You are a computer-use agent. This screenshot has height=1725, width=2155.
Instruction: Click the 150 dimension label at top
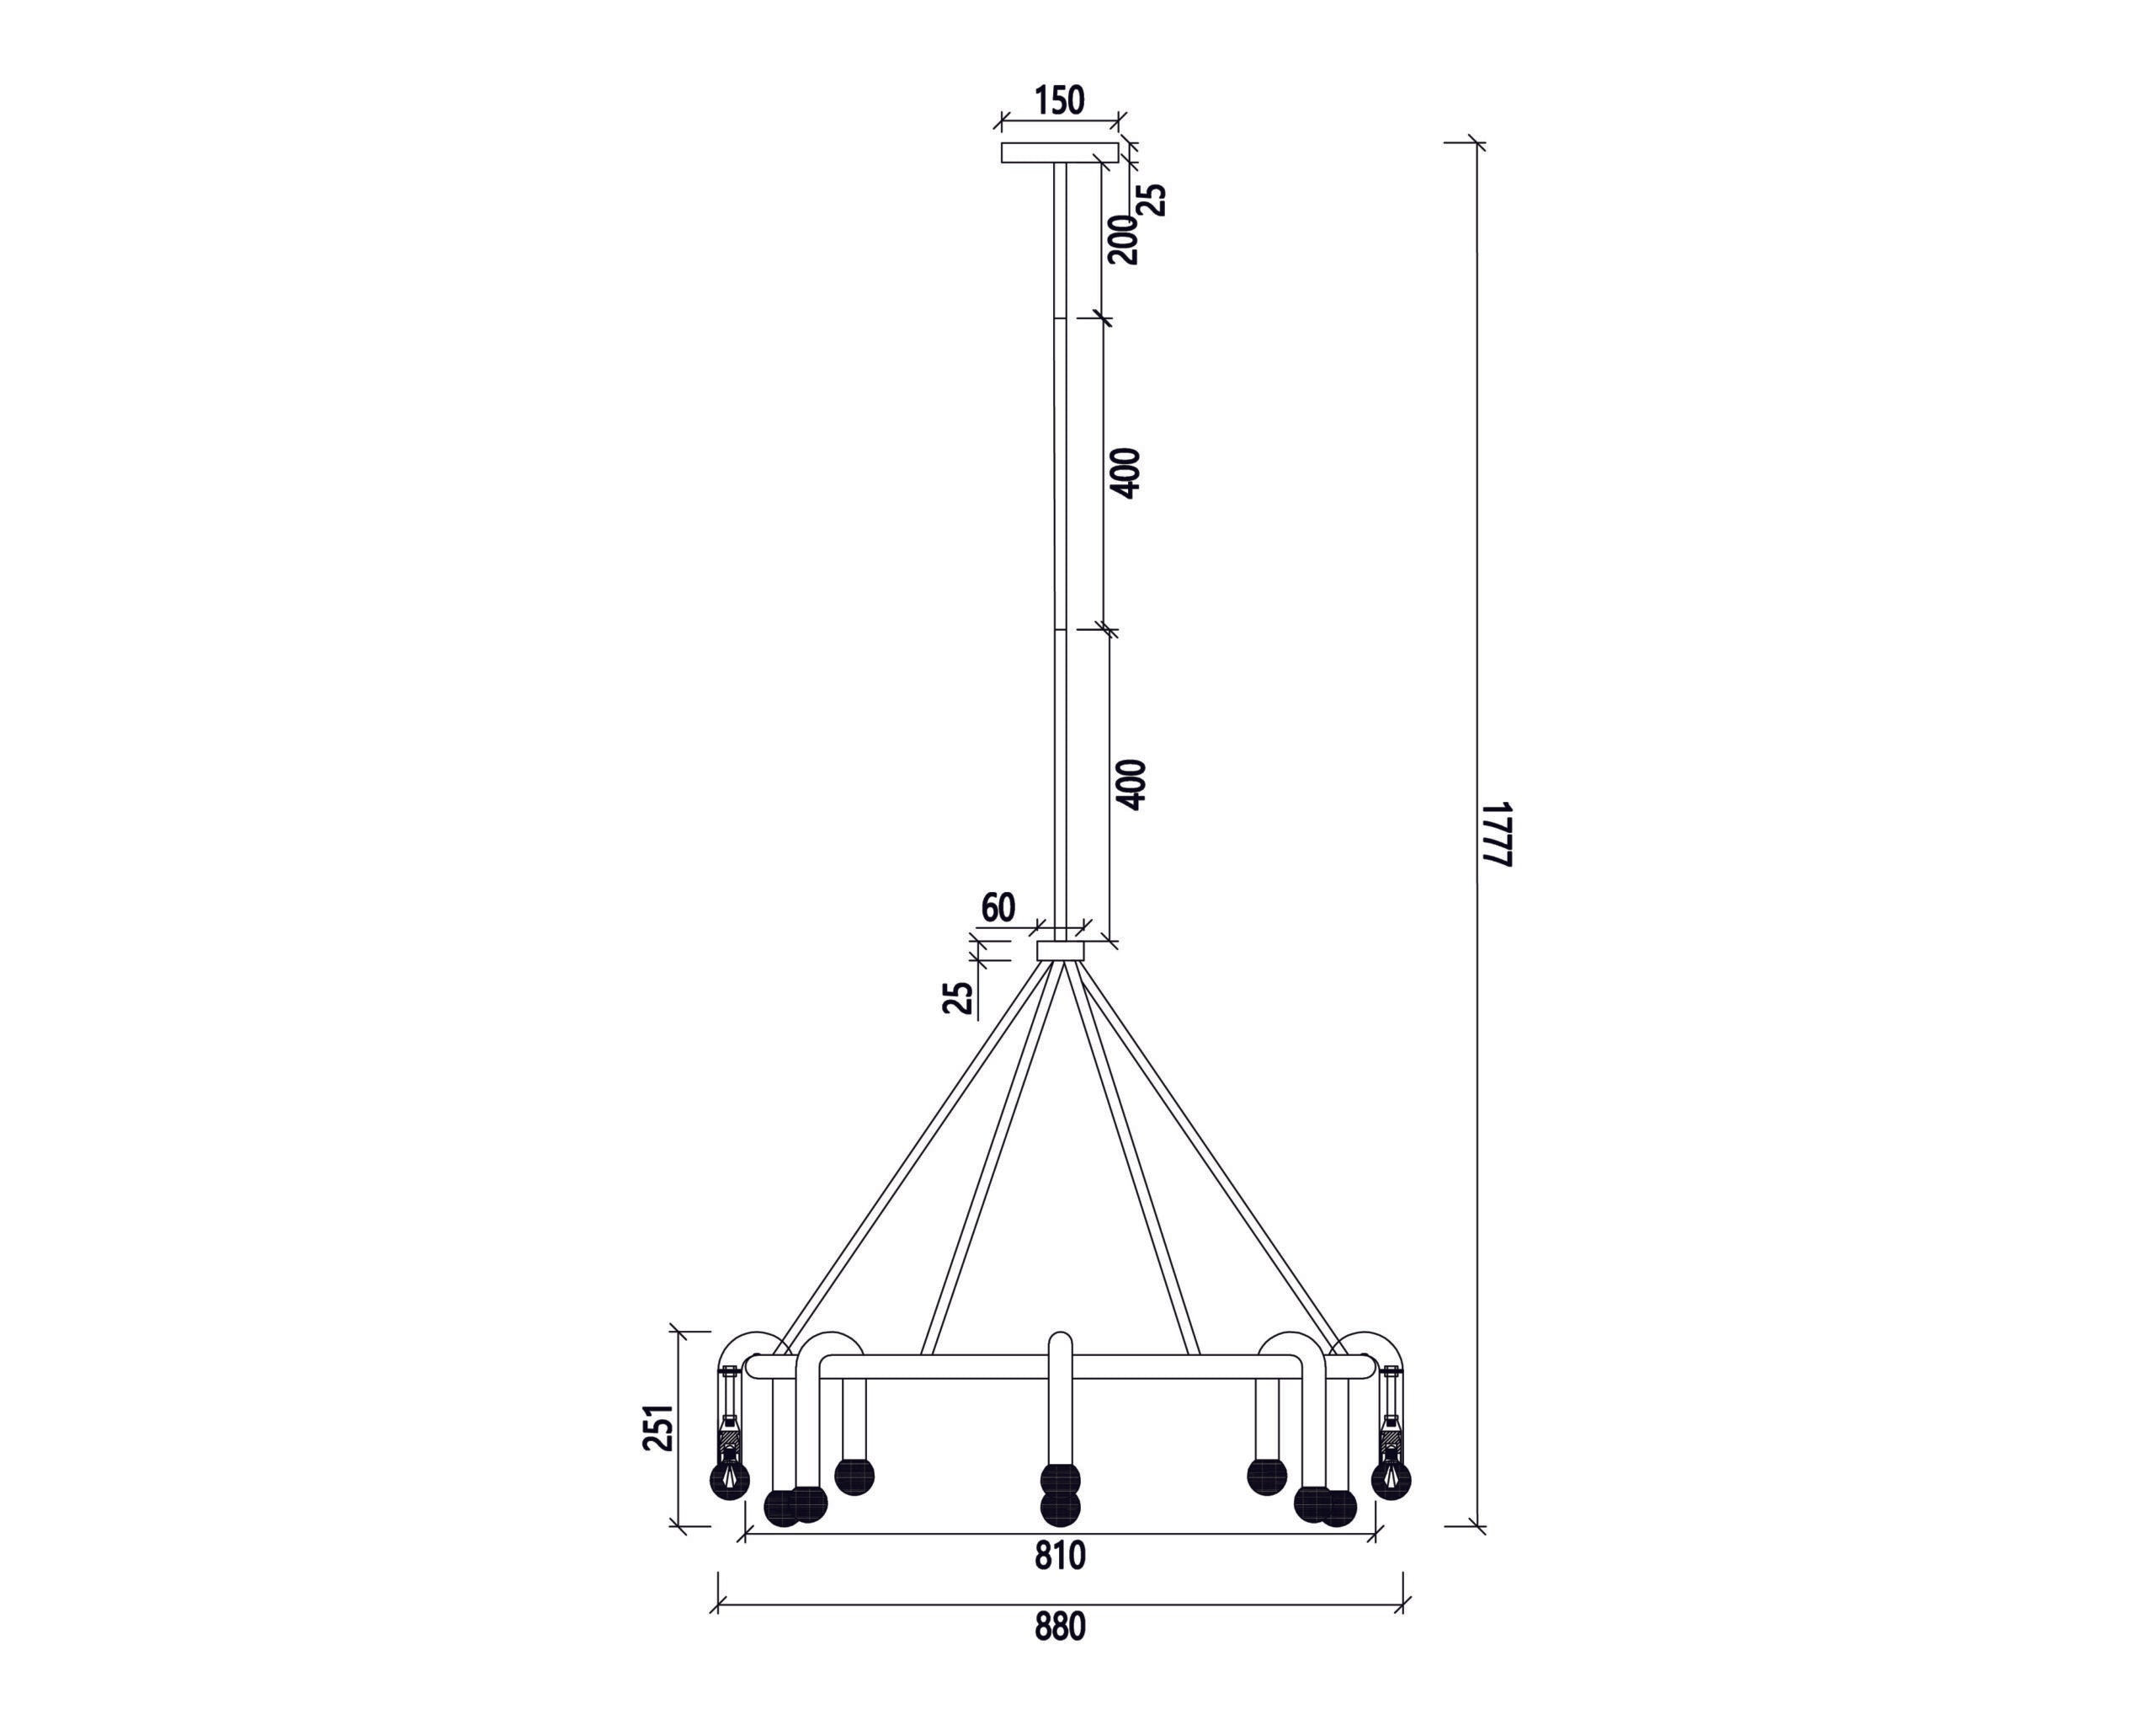point(1058,101)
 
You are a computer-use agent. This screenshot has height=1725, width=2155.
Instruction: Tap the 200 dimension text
point(1125,239)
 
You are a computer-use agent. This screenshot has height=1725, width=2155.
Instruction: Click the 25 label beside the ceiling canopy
point(1153,199)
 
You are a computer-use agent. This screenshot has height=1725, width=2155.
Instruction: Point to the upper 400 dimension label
point(1126,473)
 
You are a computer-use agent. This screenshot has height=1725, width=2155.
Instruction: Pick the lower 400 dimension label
point(1131,785)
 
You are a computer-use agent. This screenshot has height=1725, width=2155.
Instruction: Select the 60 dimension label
point(998,908)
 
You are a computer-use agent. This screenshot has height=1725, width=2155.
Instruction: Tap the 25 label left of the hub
point(958,997)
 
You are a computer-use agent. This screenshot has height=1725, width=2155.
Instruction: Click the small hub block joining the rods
point(1061,950)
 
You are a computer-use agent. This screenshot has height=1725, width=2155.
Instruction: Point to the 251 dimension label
point(658,1428)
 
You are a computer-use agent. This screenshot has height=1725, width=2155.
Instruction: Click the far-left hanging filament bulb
point(729,1478)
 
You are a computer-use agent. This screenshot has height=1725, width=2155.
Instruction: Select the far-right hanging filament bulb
point(1391,1478)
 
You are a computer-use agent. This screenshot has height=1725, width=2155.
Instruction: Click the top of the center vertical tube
point(1060,1339)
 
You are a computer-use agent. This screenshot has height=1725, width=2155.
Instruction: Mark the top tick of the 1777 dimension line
point(1477,144)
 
